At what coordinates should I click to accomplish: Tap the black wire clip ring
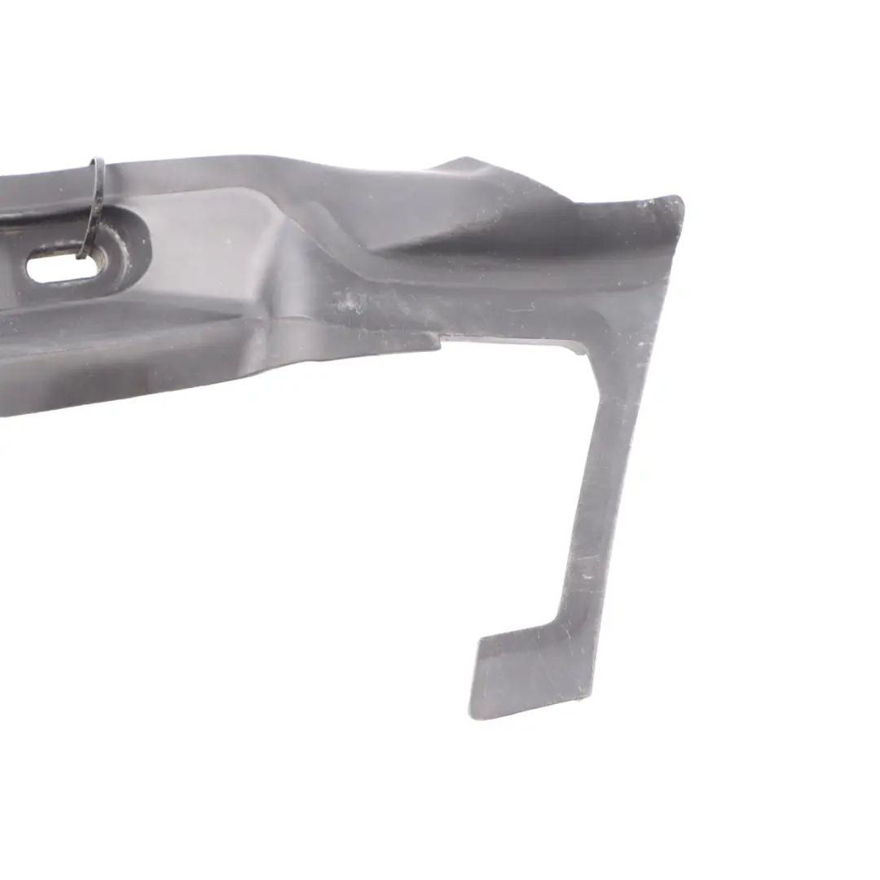[x=95, y=204]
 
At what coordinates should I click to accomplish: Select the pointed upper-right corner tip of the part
[x=680, y=200]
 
